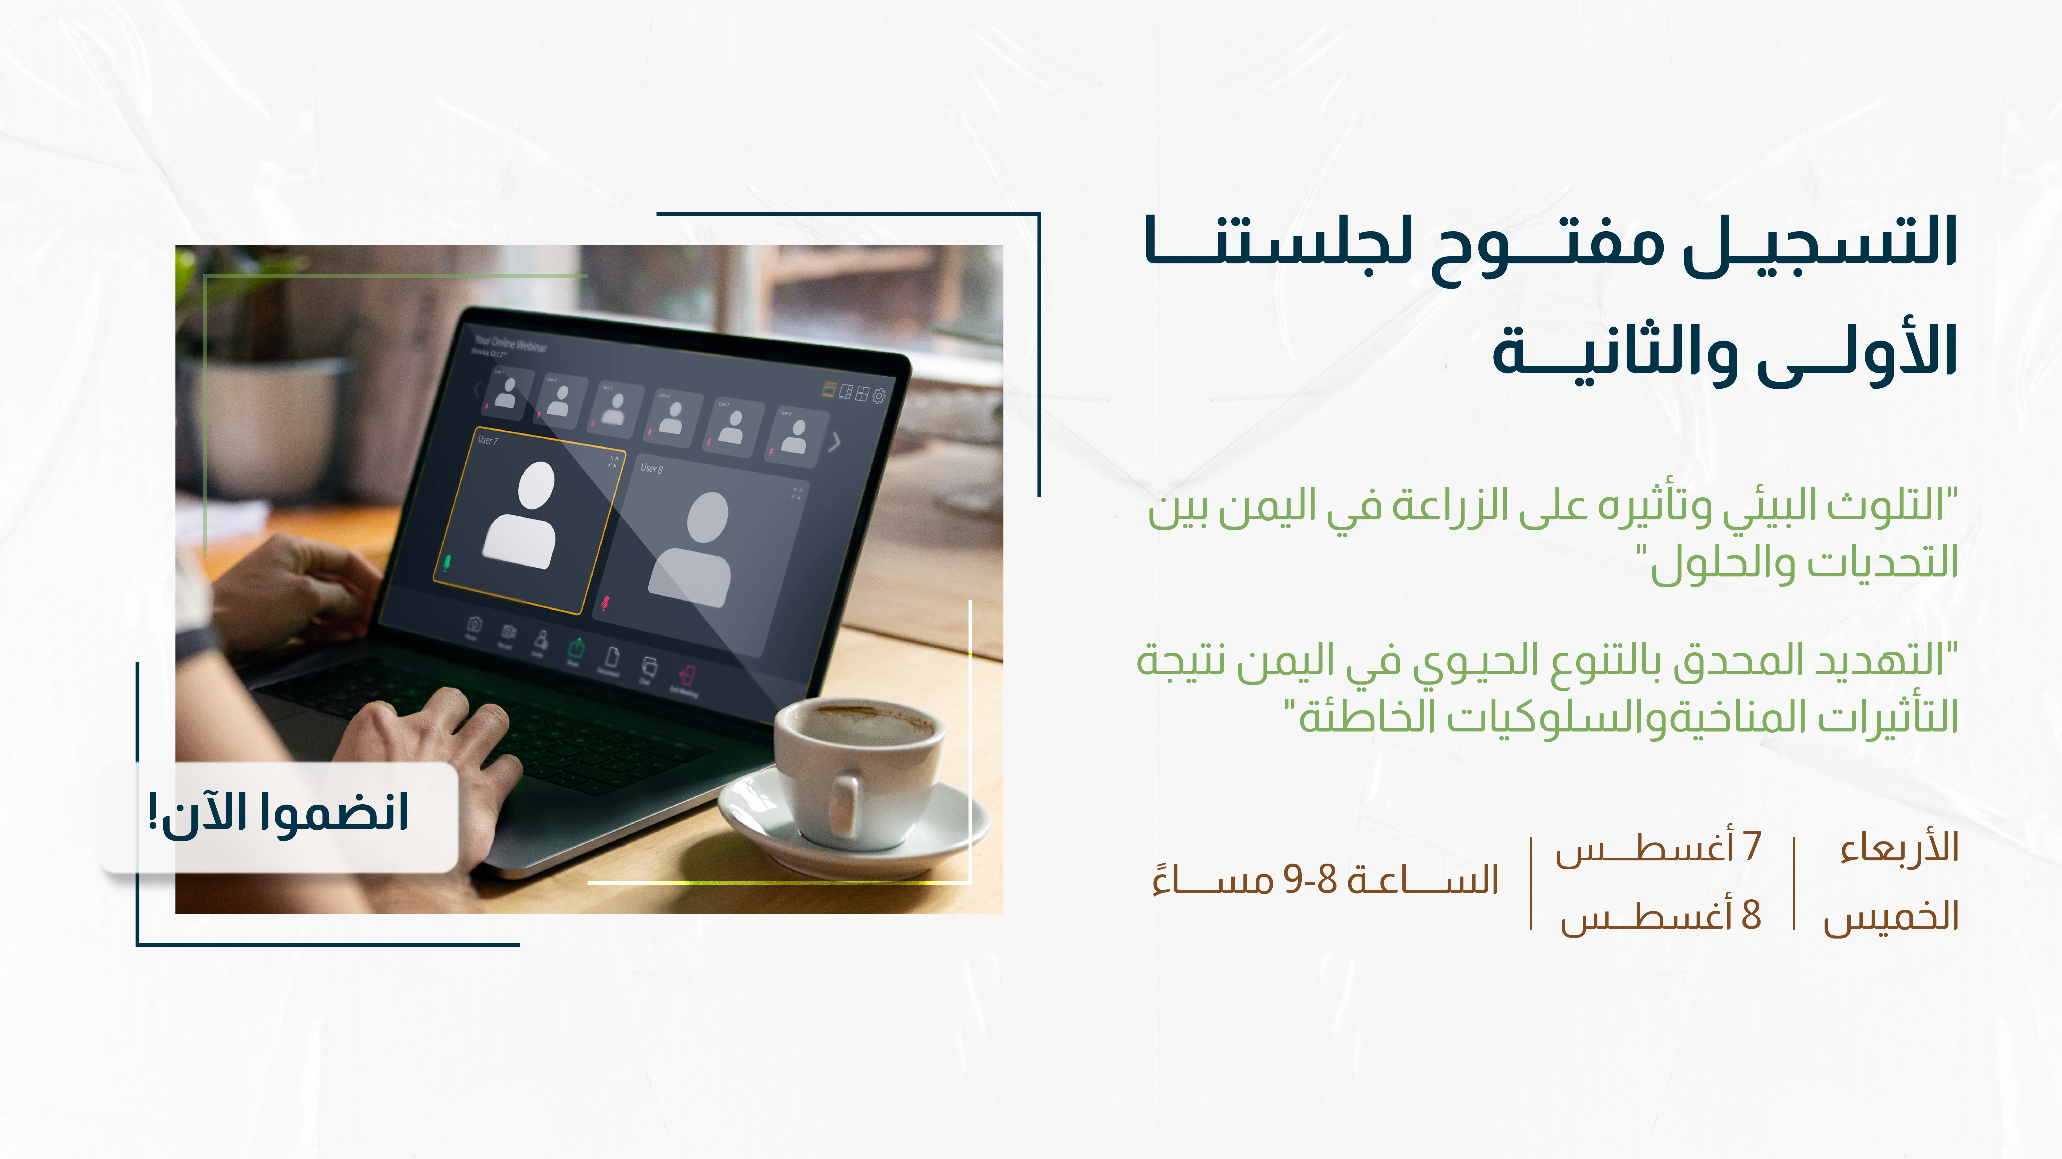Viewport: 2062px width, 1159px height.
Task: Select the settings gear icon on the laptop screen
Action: [x=879, y=395]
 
